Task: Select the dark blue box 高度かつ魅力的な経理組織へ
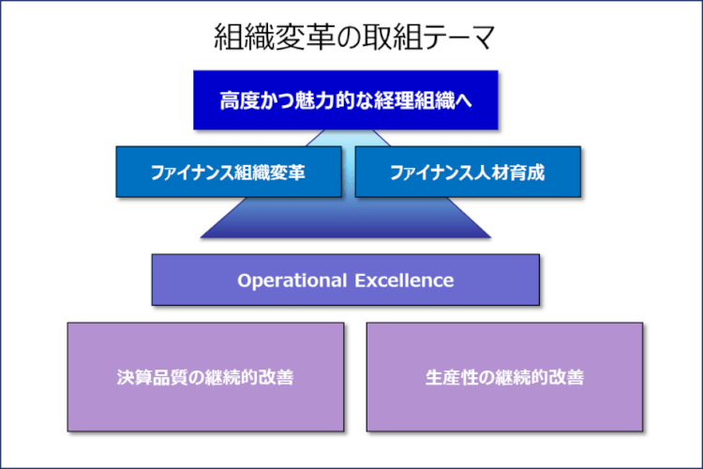(345, 99)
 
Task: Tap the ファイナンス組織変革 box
(228, 172)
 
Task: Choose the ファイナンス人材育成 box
(467, 172)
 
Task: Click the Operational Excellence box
(345, 280)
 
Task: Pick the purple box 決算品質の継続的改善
(205, 377)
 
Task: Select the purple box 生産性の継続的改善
(504, 377)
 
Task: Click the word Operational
(286, 280)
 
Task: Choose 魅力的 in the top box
(319, 99)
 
